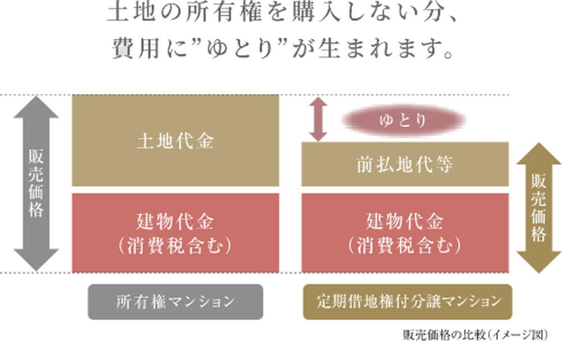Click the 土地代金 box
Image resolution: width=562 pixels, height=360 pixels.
point(175,141)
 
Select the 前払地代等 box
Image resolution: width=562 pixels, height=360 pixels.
point(405,164)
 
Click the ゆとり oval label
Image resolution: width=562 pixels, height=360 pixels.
point(404,120)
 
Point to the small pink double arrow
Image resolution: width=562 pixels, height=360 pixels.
point(318,119)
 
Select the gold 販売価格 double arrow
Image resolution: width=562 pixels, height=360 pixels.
point(538,208)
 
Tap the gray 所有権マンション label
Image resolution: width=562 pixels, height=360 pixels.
point(175,302)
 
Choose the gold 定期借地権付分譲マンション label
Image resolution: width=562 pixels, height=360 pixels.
point(408,302)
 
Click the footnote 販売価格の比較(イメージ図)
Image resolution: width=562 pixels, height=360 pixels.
point(474,334)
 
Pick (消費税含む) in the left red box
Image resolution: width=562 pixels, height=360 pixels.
point(175,245)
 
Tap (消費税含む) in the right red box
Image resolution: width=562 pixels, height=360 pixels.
point(405,245)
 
